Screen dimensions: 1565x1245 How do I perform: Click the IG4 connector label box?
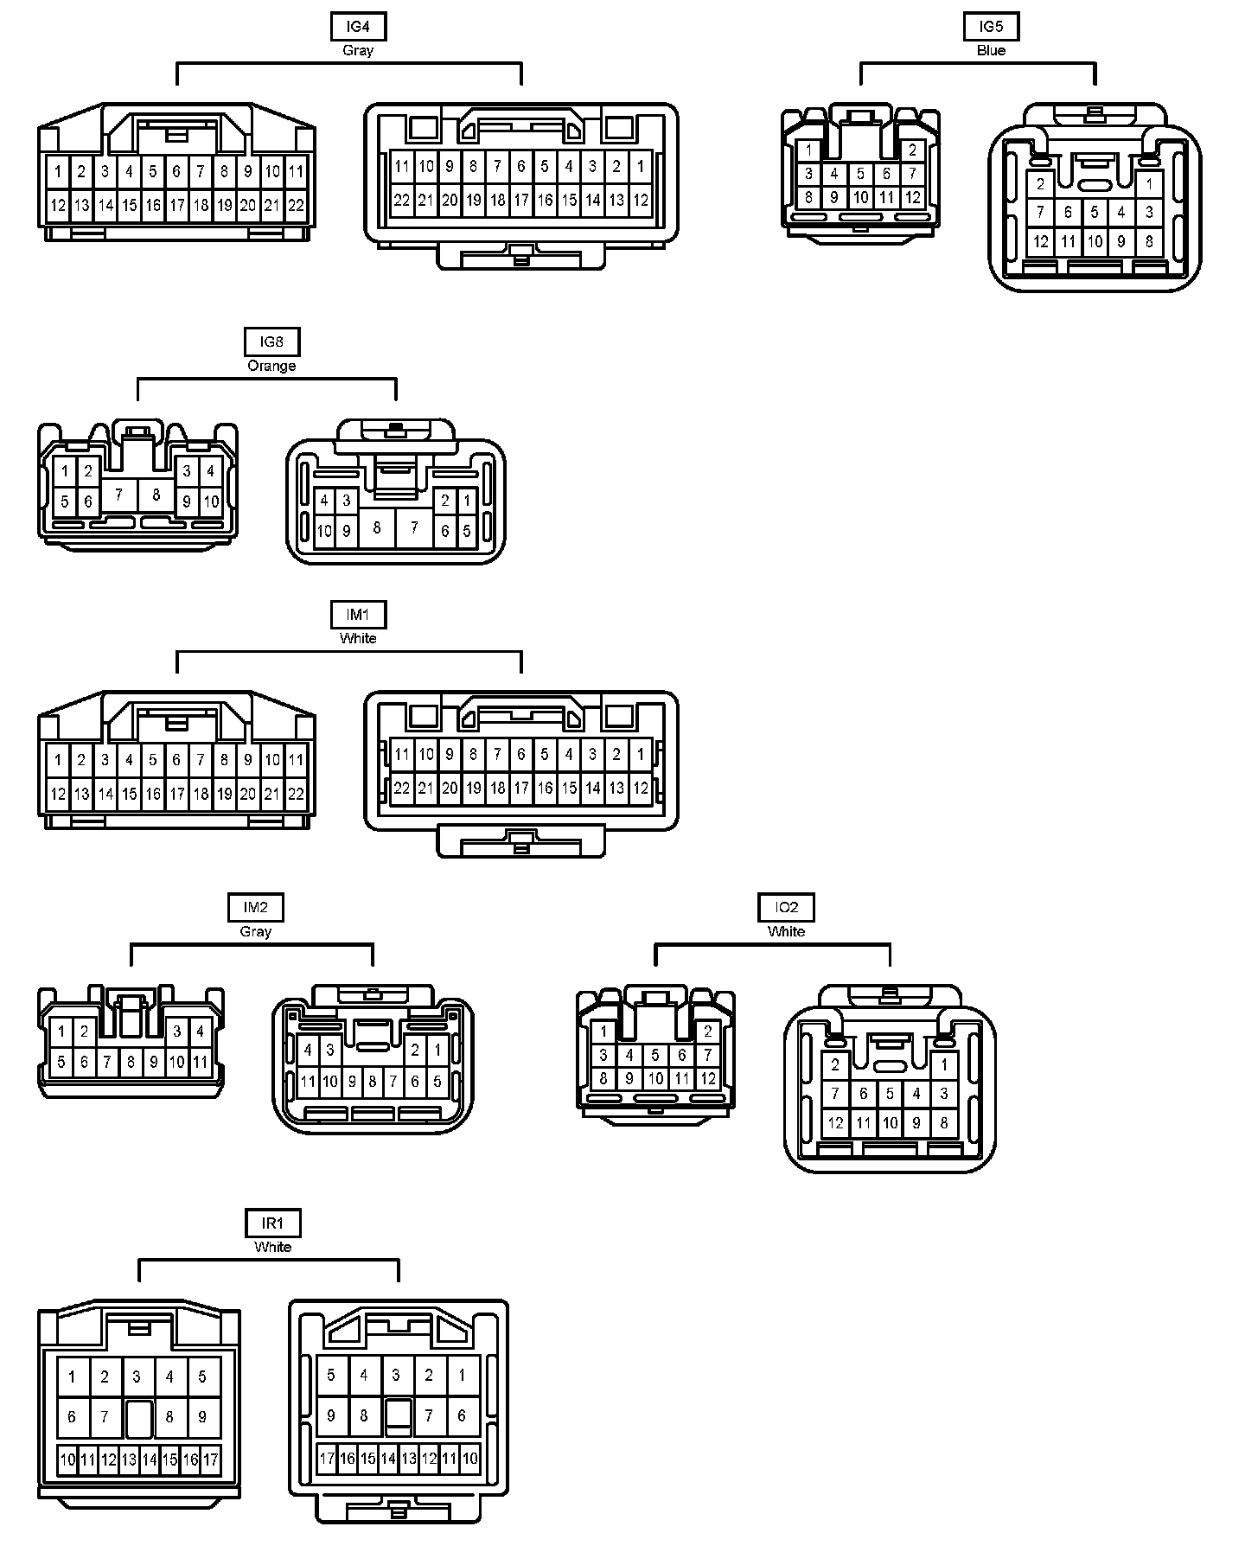358,27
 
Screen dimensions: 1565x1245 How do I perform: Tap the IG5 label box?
991,27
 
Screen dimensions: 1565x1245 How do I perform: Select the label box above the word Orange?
271,342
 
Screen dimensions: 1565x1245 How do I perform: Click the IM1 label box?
358,615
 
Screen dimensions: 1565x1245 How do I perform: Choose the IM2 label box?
255,908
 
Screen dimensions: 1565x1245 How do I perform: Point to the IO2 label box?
786,908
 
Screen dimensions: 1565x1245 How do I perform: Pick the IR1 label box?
272,1223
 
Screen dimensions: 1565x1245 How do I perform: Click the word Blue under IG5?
991,50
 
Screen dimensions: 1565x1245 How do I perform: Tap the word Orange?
271,366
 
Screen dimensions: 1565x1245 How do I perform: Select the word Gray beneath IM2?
255,931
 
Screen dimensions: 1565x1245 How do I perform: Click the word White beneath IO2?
786,931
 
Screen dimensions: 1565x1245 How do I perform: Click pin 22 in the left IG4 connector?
296,205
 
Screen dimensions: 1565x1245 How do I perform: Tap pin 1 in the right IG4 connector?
640,166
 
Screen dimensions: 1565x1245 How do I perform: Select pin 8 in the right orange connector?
376,527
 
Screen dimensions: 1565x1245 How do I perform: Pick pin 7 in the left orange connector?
119,495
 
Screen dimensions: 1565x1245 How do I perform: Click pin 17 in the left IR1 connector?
211,1460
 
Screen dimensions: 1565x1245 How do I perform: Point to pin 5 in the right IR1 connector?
331,1375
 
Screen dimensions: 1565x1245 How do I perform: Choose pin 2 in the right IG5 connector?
1040,184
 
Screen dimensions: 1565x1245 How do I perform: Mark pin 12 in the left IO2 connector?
708,1078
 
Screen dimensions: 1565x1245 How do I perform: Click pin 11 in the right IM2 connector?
308,1081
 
